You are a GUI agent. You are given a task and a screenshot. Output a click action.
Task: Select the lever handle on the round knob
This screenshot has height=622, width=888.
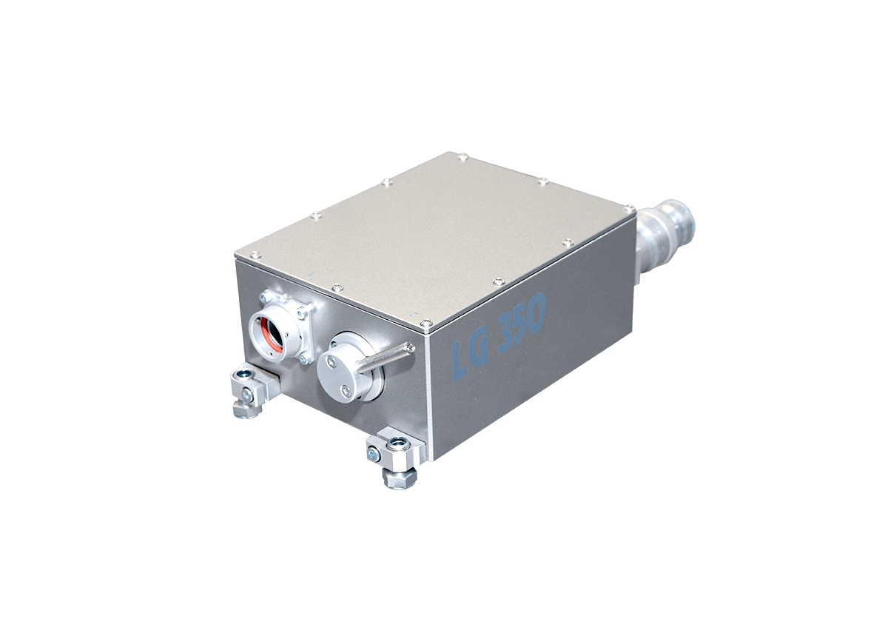(x=386, y=358)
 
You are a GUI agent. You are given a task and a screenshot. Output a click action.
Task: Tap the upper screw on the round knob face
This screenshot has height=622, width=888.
(x=331, y=359)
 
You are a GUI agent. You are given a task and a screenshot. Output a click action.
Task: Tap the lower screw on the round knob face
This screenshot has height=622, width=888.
(x=346, y=391)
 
